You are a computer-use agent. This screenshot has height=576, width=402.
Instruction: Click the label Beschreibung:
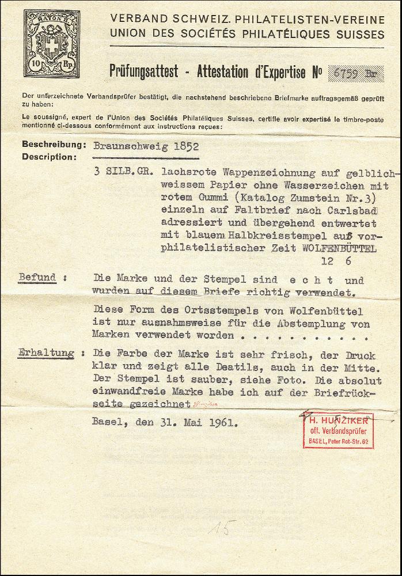click(54, 145)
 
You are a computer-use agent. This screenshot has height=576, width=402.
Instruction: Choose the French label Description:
click(49, 157)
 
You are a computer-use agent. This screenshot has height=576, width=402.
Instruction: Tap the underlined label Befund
click(37, 278)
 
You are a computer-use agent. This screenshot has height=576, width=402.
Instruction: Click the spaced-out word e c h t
click(309, 281)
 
